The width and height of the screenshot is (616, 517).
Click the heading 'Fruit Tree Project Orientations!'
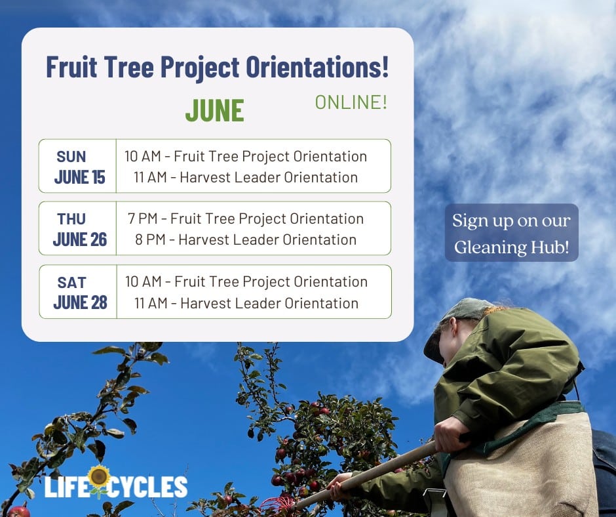click(x=218, y=67)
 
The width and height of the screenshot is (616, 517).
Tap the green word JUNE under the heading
click(x=214, y=111)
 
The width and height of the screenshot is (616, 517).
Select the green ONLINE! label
click(x=351, y=102)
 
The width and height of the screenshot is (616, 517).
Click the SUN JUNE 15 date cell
click(x=78, y=166)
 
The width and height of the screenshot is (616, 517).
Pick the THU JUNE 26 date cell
click(x=78, y=228)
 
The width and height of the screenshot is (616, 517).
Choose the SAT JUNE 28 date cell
click(x=78, y=291)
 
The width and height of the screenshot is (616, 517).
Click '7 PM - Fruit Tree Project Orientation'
click(x=246, y=218)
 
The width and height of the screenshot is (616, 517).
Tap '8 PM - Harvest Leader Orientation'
click(x=246, y=239)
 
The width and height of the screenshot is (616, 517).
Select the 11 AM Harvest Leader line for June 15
click(x=246, y=177)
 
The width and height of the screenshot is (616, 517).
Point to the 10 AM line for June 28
click(x=246, y=281)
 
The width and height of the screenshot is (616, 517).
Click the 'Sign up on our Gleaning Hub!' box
click(x=512, y=232)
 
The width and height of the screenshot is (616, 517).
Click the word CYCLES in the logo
click(x=147, y=487)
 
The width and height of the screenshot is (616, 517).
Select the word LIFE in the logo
click(x=66, y=487)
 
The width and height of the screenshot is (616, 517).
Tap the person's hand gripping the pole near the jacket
click(x=452, y=434)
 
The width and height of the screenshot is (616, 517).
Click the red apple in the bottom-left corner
click(x=18, y=512)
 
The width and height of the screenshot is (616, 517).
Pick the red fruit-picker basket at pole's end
click(x=277, y=505)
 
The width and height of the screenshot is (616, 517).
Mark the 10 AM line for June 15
click(x=246, y=156)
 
